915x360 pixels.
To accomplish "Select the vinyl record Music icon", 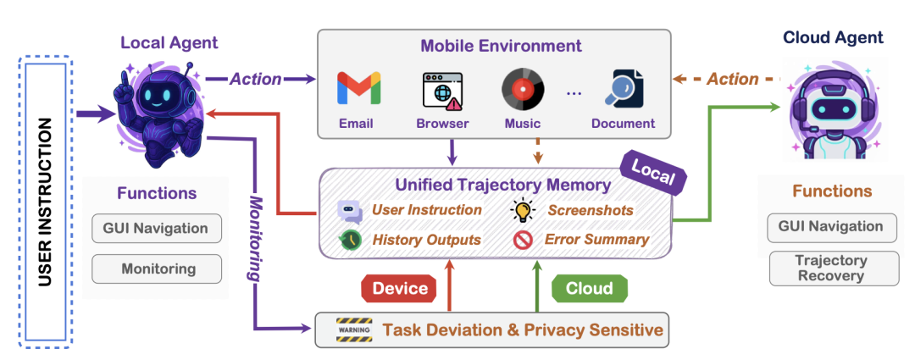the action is pos(523,89).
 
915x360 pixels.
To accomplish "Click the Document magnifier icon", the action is pos(624,89).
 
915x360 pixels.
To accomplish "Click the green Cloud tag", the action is pos(590,288).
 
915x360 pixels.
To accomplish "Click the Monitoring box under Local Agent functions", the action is pos(157,269).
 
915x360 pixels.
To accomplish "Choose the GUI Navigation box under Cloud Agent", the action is pos(832,227).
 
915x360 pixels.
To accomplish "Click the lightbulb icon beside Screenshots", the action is pos(524,209).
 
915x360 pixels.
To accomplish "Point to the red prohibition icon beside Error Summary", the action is pos(523,240).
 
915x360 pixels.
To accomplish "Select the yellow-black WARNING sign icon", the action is pos(354,330).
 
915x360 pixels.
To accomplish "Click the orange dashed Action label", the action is pos(733,79).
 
